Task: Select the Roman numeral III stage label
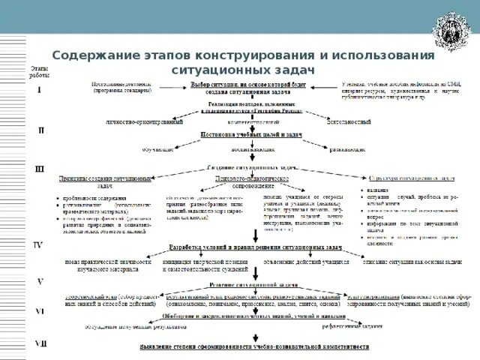click(40, 169)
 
